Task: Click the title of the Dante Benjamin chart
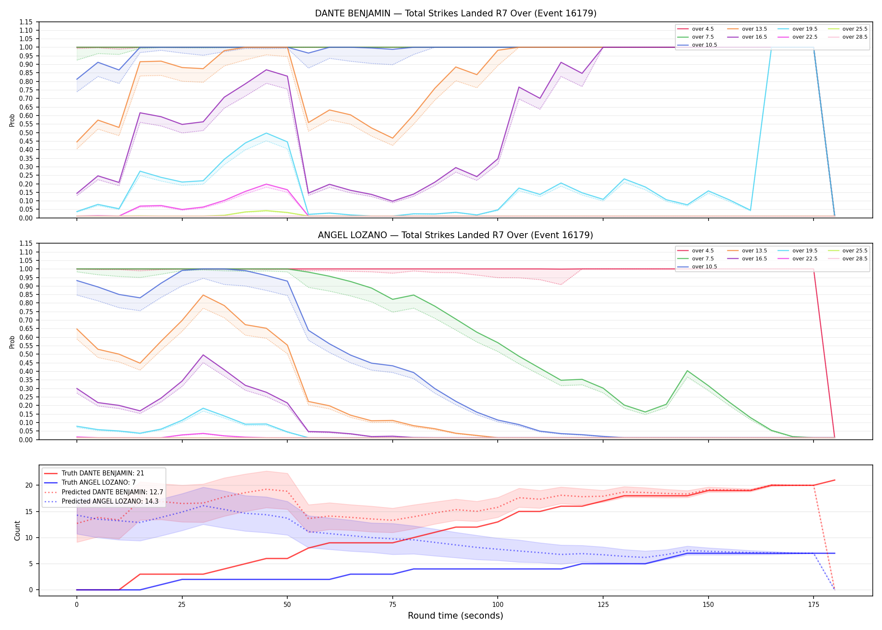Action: pos(456,13)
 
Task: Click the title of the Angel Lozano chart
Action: pos(456,235)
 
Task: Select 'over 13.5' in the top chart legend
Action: pos(754,29)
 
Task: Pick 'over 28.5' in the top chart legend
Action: pos(855,37)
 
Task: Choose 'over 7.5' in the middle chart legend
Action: pos(703,259)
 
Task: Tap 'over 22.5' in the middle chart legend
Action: pos(805,259)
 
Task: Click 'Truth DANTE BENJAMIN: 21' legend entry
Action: pos(102,473)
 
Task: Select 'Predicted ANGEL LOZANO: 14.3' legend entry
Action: pos(110,501)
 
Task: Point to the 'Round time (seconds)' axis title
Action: pos(455,616)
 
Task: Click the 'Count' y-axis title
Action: pos(17,530)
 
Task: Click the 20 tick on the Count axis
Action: pos(29,486)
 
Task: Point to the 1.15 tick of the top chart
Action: pos(26,22)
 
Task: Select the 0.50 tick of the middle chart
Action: pos(26,354)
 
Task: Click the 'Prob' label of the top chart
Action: pos(12,120)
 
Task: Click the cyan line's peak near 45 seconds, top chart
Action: pos(266,133)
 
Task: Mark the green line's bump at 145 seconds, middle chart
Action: pos(687,371)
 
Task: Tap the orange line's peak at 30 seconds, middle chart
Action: pos(203,295)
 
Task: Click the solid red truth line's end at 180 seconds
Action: pos(835,480)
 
